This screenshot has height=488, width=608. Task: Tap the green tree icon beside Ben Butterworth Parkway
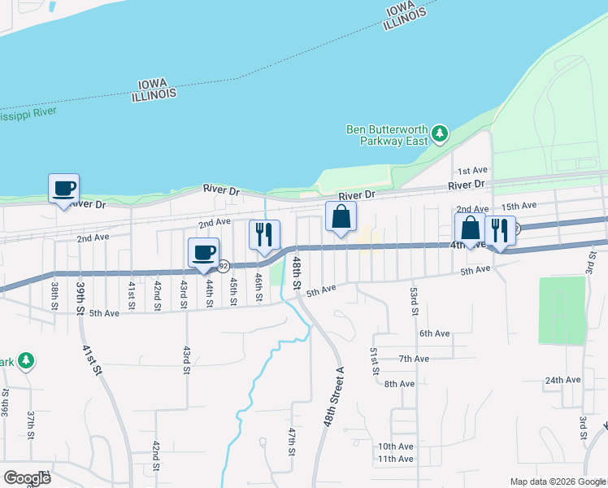point(440,133)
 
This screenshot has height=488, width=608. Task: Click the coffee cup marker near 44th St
point(203,253)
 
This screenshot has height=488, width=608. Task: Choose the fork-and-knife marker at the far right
point(500,231)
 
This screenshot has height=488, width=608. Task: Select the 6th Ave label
point(435,333)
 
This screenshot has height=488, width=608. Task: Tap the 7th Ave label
point(414,359)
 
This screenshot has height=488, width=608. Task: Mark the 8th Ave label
point(399,384)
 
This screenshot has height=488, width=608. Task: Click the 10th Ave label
point(395,447)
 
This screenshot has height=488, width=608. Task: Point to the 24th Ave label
point(562,380)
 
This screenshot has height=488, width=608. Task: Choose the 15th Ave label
point(519,206)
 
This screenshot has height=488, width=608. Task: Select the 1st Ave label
point(471,171)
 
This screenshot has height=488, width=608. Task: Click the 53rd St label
point(414,301)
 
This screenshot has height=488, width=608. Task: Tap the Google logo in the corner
point(27,478)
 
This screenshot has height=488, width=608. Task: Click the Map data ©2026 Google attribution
point(558,481)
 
